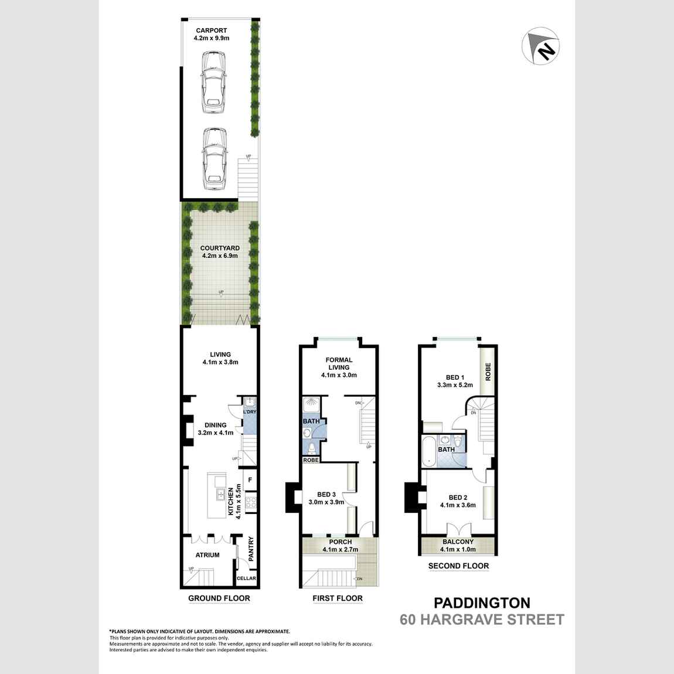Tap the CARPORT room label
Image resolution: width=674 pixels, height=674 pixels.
[211, 30]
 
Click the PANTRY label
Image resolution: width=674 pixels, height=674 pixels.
[251, 549]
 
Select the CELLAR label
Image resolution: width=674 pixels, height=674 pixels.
[246, 578]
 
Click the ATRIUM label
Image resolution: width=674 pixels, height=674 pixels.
[207, 555]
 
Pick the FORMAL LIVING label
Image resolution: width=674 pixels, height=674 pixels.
[339, 363]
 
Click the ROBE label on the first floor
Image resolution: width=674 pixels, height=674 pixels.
[311, 460]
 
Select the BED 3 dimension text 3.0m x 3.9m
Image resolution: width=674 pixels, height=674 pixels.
[326, 502]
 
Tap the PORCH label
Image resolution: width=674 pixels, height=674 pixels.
[340, 542]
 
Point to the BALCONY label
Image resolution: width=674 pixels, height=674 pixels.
[458, 542]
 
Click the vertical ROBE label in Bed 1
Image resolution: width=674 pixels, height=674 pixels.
[488, 372]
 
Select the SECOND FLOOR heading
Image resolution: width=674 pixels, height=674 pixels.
[458, 566]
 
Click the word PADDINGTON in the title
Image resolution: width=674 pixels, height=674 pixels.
[482, 602]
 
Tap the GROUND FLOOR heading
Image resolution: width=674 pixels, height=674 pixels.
[219, 598]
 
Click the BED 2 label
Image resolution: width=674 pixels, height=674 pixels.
[458, 497]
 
